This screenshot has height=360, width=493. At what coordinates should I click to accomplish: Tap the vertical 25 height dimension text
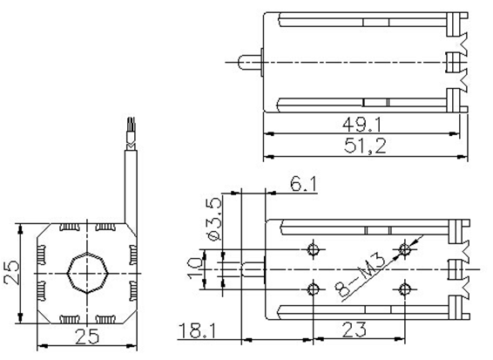pos(10,275)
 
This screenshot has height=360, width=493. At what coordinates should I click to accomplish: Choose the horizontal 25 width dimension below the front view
pos(85,336)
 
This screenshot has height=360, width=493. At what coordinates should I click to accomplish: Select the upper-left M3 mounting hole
pos(314,251)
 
